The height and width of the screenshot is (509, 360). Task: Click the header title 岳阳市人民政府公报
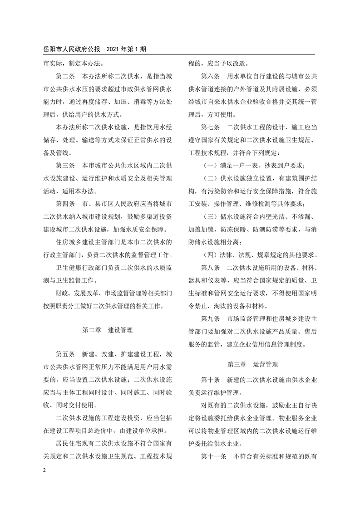(68, 49)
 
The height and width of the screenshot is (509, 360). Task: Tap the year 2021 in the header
(113, 49)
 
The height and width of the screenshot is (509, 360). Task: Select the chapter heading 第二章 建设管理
(108, 330)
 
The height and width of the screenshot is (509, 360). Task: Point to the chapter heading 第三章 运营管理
(252, 364)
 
